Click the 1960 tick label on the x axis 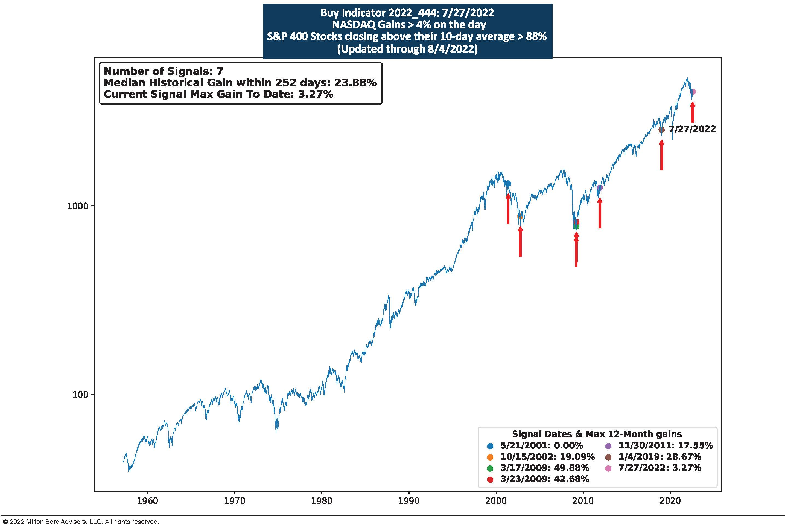pyautogui.click(x=147, y=501)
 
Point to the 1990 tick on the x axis pyautogui.click(x=409, y=501)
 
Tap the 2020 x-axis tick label pyautogui.click(x=670, y=501)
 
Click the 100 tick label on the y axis pyautogui.click(x=80, y=395)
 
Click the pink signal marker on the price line pyautogui.click(x=693, y=92)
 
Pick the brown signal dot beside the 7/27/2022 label pyautogui.click(x=661, y=130)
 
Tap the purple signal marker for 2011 pyautogui.click(x=600, y=188)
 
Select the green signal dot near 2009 pyautogui.click(x=576, y=227)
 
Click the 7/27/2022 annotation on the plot pyautogui.click(x=693, y=129)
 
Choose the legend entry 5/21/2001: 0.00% pyautogui.click(x=541, y=445)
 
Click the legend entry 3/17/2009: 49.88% pyautogui.click(x=544, y=468)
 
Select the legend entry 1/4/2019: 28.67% pyautogui.click(x=659, y=457)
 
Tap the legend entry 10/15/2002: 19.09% pyautogui.click(x=547, y=457)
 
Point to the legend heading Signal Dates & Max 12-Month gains pyautogui.click(x=597, y=434)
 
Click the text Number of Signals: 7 pyautogui.click(x=164, y=71)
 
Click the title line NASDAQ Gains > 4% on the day pyautogui.click(x=409, y=25)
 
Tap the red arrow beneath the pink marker pyautogui.click(x=693, y=112)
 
